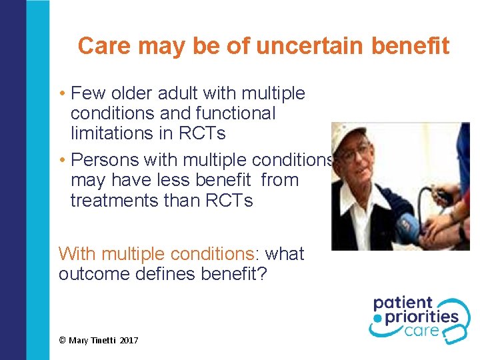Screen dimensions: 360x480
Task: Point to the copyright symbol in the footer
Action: pyautogui.click(x=63, y=341)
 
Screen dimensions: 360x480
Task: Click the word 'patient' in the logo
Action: pyautogui.click(x=403, y=304)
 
